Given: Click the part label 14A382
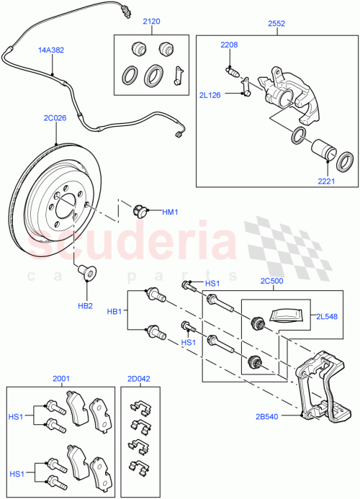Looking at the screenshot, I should coord(51,50).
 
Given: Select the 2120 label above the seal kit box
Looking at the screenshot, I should coord(152,22).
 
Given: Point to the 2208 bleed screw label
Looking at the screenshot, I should coord(230,45).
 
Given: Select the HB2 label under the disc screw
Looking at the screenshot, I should coord(84,305).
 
